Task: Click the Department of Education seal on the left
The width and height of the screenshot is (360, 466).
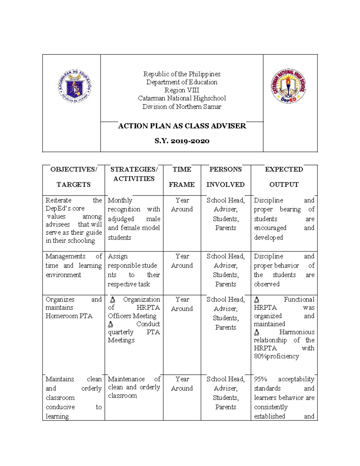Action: coord(75,86)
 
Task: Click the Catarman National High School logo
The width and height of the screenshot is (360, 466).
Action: coord(288,86)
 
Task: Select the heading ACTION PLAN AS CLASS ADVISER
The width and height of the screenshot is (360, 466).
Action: coord(182,126)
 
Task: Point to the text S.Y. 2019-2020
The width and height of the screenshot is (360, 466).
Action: coord(182,141)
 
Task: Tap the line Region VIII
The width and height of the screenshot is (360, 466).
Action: coord(182,90)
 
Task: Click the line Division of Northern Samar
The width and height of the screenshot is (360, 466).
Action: coord(182,107)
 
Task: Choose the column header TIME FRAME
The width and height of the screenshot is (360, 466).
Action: coord(182,177)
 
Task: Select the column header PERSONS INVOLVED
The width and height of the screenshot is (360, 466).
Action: coord(226,177)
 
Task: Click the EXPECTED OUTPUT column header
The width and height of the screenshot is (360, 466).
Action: coord(284,177)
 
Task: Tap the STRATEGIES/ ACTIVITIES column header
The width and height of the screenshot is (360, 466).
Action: coord(134,174)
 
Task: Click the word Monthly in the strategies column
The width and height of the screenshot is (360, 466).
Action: coord(120,200)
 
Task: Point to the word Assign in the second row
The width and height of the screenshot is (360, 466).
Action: coord(118,256)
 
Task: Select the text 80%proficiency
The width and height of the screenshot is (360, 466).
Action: coord(276,356)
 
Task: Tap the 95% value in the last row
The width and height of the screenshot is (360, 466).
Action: coord(260,379)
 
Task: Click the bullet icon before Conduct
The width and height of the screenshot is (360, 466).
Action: coord(111,324)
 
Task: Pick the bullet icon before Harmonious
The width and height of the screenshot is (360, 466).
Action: coord(256,332)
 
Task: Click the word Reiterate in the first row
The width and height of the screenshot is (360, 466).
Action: coord(58,200)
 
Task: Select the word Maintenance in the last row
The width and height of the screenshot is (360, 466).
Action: coord(126,379)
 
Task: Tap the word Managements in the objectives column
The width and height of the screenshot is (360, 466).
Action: coord(65,256)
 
